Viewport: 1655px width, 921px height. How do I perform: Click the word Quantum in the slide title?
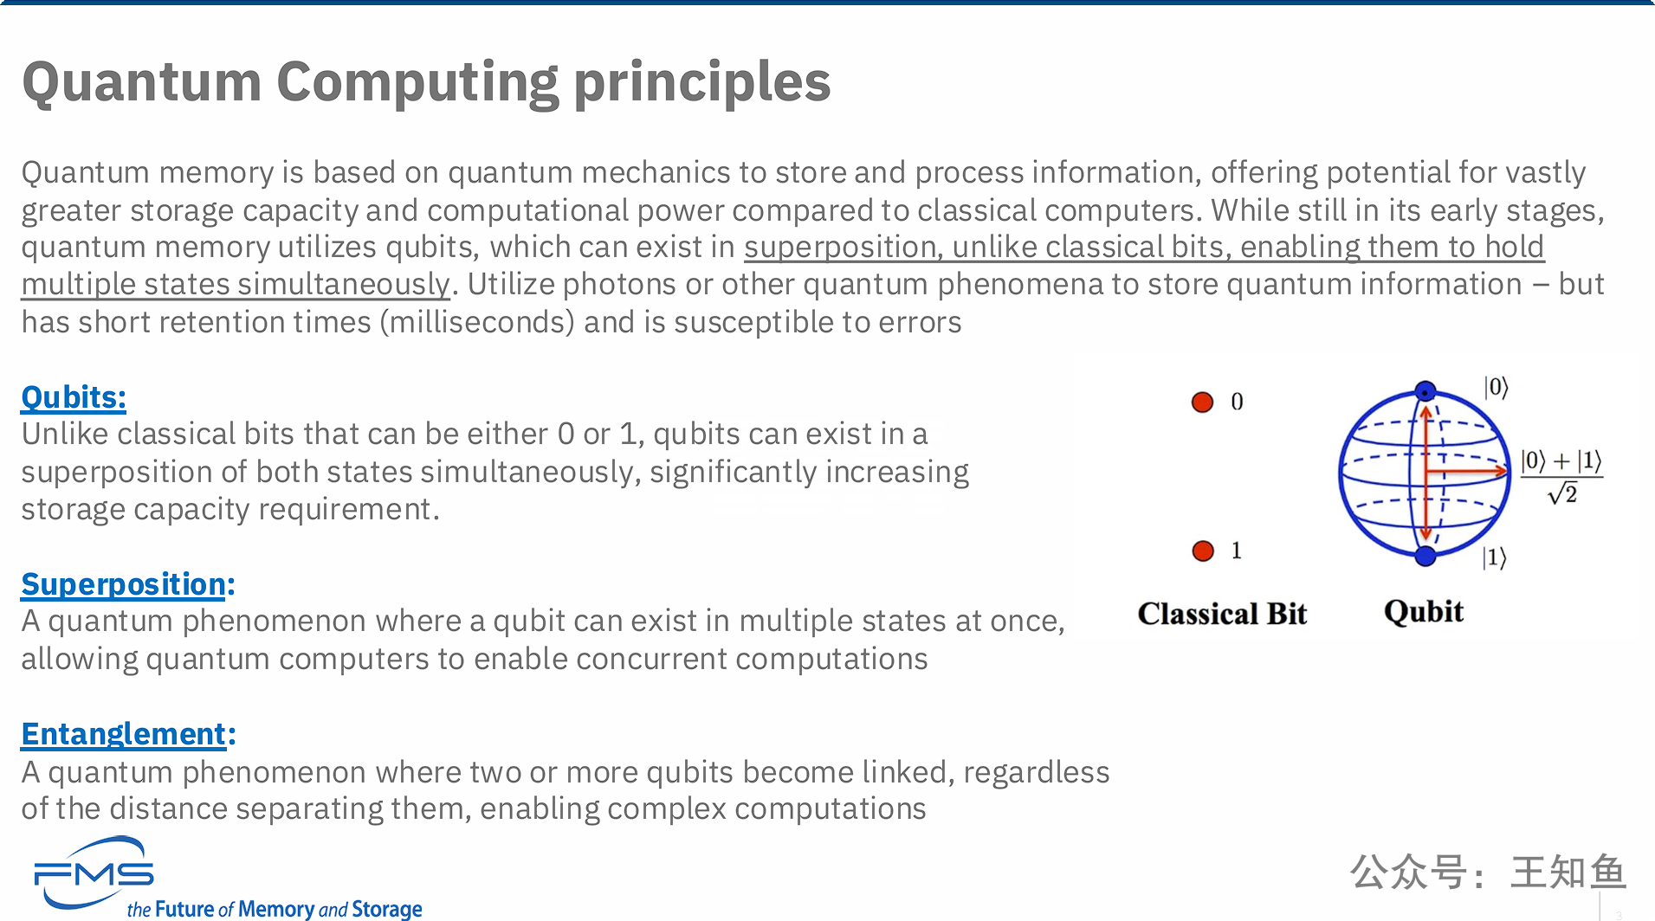point(142,82)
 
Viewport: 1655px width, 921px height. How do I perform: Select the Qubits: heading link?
point(74,397)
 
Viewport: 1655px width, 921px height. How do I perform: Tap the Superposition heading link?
point(123,584)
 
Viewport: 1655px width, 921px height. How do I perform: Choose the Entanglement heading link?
point(123,734)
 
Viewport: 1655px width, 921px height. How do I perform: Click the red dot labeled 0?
point(1202,402)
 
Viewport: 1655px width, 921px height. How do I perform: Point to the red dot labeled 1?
point(1203,551)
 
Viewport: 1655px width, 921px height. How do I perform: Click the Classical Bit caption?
point(1222,614)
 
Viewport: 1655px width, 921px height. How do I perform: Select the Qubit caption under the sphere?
point(1424,612)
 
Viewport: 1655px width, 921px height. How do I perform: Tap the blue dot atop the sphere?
point(1425,391)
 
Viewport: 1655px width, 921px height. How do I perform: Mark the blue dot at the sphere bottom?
point(1425,556)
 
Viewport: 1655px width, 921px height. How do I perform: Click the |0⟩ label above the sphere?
point(1497,387)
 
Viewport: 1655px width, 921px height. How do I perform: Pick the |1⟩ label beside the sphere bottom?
point(1495,557)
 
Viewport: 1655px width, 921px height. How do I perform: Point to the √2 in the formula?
point(1563,494)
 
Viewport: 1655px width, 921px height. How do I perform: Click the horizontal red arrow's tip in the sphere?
point(1508,472)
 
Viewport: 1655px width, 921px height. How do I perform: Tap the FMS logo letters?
point(94,875)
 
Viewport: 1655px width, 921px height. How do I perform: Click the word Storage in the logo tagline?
point(387,909)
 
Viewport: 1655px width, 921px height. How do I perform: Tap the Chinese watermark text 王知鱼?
point(1568,873)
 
